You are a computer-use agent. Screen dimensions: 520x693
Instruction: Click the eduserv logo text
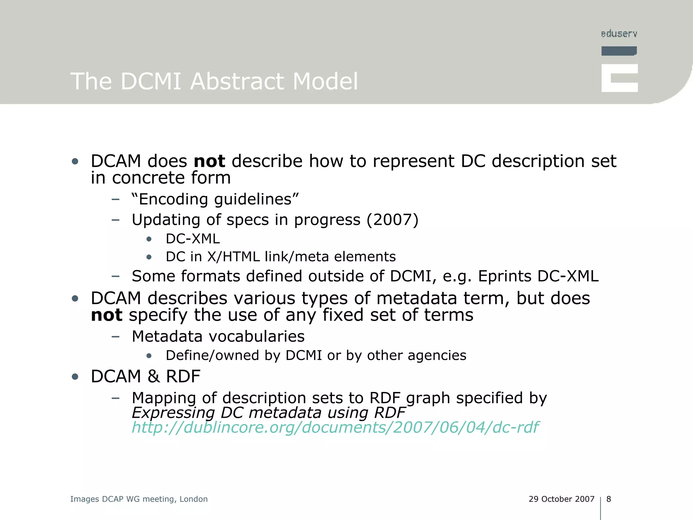[x=619, y=34]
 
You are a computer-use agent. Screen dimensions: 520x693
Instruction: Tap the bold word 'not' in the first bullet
[x=209, y=161]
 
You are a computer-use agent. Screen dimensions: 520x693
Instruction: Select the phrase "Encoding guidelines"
[x=215, y=199]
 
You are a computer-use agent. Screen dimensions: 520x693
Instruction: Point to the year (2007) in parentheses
[x=393, y=220]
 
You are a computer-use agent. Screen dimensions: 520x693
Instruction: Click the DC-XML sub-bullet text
[x=193, y=239]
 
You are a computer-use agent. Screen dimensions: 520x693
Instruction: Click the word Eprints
[x=504, y=276]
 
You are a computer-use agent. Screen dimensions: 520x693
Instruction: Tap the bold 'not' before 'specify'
[x=106, y=315]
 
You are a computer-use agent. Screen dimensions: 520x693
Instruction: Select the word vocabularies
[x=257, y=337]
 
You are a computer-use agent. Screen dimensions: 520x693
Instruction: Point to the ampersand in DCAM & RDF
[x=153, y=376]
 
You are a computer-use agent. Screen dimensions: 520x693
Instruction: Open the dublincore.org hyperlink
[x=335, y=427]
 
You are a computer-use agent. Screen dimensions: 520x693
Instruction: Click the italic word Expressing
[x=173, y=413]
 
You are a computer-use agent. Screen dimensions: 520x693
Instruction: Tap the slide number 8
[x=608, y=499]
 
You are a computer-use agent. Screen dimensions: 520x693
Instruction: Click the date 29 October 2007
[x=561, y=499]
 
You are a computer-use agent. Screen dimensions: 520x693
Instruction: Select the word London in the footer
[x=193, y=499]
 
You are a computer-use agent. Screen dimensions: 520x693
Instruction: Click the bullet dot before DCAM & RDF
[x=75, y=376]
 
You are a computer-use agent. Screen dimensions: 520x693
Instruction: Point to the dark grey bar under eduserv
[x=619, y=51]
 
